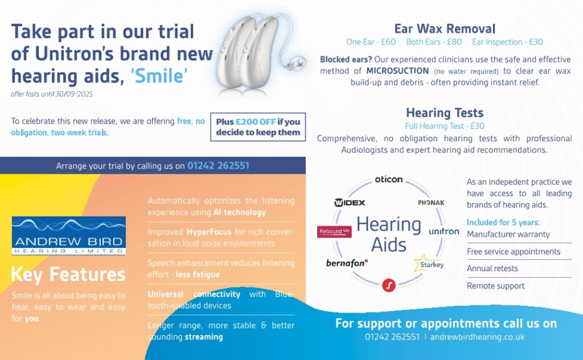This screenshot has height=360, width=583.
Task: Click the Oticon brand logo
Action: click(388, 179)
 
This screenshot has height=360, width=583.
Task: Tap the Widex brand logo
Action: click(350, 203)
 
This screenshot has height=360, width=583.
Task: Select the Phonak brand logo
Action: click(431, 203)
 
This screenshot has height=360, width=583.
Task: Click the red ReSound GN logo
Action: click(334, 231)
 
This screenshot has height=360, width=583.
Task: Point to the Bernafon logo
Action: click(347, 263)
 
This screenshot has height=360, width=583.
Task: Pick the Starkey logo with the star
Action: click(429, 264)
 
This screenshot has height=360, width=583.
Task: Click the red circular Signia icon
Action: click(388, 285)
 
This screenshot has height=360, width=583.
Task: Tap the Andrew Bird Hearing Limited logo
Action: click(69, 236)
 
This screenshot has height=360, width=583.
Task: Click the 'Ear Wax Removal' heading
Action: click(445, 28)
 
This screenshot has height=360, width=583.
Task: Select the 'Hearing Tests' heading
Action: click(445, 112)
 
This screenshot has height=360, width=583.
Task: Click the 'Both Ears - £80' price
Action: click(434, 42)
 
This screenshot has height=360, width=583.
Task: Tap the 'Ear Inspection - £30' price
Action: click(507, 42)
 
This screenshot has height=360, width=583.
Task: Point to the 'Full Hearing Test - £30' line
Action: click(445, 126)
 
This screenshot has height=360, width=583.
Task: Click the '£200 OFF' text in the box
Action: click(256, 121)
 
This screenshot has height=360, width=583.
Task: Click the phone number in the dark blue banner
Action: click(218, 166)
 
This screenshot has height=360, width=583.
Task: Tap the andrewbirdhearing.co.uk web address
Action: click(477, 337)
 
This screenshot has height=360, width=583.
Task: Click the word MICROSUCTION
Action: click(397, 71)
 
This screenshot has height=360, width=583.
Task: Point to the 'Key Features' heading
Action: click(68, 275)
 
